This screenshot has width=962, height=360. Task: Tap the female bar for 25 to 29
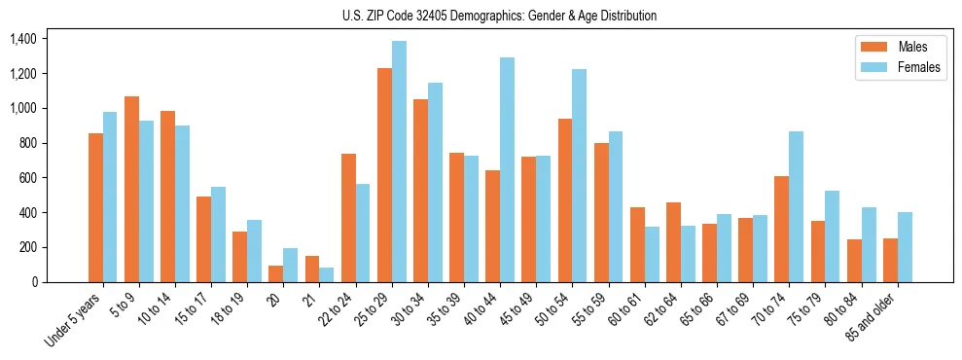click(x=399, y=162)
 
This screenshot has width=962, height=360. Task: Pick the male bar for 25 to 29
click(x=384, y=175)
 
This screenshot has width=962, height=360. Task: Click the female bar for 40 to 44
click(x=507, y=169)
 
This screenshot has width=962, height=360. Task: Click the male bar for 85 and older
click(x=890, y=260)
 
